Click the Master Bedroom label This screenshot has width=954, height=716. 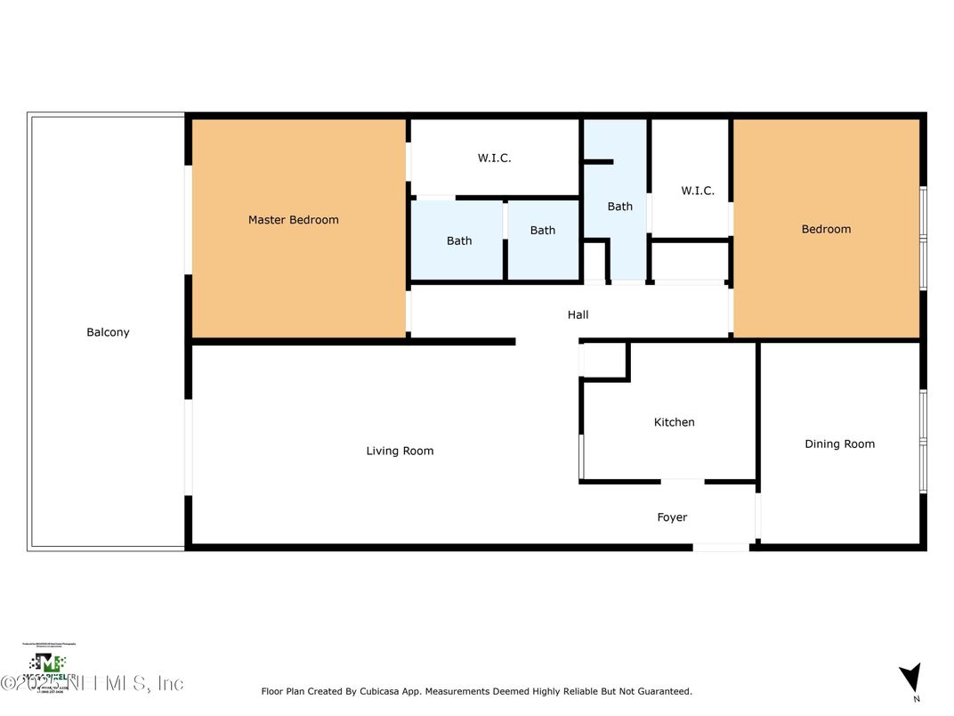pos(293,220)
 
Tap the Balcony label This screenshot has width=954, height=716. pos(108,332)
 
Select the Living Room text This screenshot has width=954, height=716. pos(400,451)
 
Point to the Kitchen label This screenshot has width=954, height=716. pos(674,422)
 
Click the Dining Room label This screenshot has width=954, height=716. pos(839,443)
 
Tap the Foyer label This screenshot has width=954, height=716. pos(672,517)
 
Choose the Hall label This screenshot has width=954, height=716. pos(578,314)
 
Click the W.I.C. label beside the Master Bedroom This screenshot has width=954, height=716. pos(494,158)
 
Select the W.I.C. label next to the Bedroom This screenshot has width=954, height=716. pos(697,191)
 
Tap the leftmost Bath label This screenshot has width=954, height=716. pos(459,240)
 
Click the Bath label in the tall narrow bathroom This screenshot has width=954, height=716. pos(619,207)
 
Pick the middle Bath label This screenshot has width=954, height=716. pos(542,231)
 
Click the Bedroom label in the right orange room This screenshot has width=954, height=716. pos(826,229)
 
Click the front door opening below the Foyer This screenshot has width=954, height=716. pos(721,547)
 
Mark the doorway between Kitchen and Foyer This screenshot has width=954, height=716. pos(683,482)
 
